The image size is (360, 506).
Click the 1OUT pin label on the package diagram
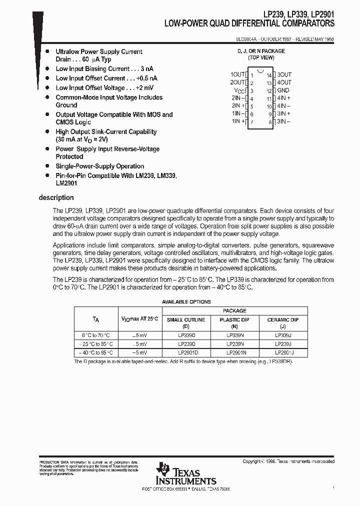pos(237,74)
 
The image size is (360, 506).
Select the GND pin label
pos(283,90)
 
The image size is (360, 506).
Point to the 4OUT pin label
pos(284,82)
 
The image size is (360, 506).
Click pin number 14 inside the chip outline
pos(268,75)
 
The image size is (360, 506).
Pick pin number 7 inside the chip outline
pos(252,122)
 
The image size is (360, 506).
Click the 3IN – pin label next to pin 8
pos(283,121)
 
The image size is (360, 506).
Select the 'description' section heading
pos(56,197)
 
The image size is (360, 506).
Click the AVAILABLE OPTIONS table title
pos(186,302)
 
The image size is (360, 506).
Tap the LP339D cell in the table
pos(186,335)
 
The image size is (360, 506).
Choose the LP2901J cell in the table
pos(283,352)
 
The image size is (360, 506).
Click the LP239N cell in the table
pos(234,344)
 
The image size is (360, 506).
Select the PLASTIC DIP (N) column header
pos(234,322)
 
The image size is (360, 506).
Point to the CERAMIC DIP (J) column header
pos(283,322)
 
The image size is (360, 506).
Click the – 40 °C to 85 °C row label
pos(95,352)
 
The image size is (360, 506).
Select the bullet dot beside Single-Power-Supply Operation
pos(47,166)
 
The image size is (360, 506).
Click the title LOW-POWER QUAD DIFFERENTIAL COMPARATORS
pos(249,23)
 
